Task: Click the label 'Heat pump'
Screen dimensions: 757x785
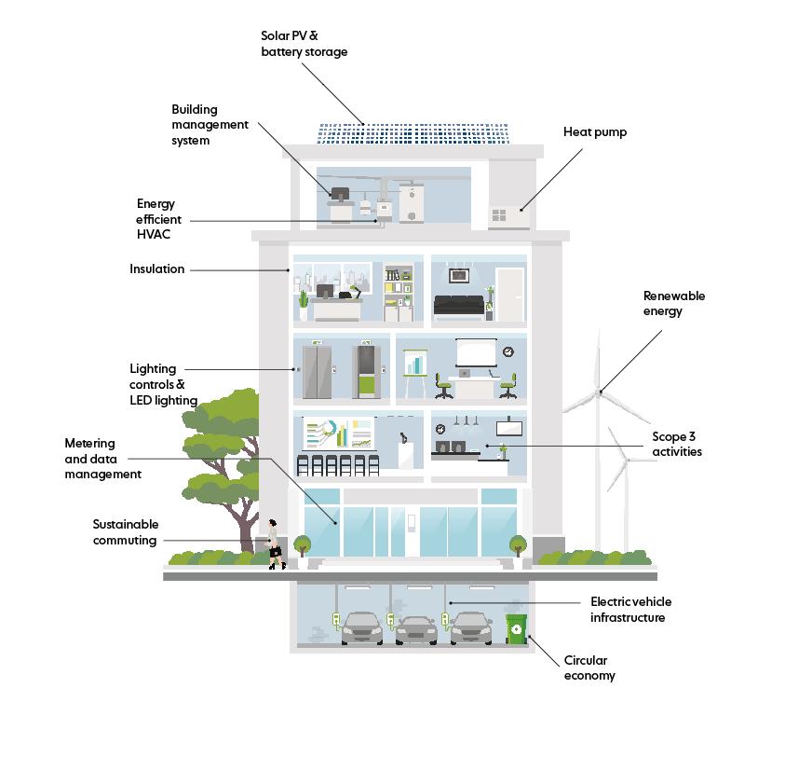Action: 595,132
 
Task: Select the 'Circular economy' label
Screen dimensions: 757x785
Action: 589,668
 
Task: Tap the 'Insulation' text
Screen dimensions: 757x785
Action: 157,269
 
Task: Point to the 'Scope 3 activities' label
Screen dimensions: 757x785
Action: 677,445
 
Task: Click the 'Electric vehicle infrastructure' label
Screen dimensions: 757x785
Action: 630,610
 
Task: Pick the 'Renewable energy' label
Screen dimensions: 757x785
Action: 674,304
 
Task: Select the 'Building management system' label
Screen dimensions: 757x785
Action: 210,125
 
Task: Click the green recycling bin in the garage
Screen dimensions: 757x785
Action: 516,629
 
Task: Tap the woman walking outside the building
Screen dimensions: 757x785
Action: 274,544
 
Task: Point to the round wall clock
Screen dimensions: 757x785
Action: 508,351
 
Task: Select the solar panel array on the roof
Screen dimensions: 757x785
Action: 413,133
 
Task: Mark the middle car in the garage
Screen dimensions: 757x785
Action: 416,629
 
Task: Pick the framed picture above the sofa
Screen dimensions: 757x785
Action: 458,276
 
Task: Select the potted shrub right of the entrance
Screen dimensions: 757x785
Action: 517,544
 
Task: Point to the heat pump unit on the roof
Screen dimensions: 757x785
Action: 509,216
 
